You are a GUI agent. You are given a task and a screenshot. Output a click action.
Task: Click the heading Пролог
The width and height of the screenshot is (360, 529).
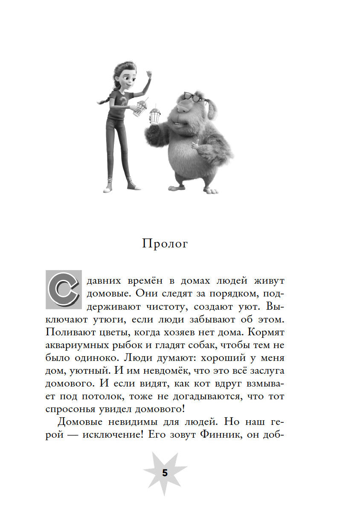click(x=164, y=244)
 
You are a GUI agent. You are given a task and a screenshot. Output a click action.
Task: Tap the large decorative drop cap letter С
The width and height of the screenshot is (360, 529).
click(x=63, y=289)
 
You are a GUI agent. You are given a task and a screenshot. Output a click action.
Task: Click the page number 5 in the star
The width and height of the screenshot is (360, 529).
click(x=165, y=473)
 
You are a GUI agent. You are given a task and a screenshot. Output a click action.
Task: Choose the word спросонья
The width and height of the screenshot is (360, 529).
click(x=70, y=408)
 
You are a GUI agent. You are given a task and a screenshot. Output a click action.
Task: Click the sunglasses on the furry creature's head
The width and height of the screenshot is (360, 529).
click(x=194, y=98)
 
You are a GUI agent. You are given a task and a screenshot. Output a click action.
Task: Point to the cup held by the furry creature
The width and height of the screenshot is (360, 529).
click(x=155, y=115)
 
